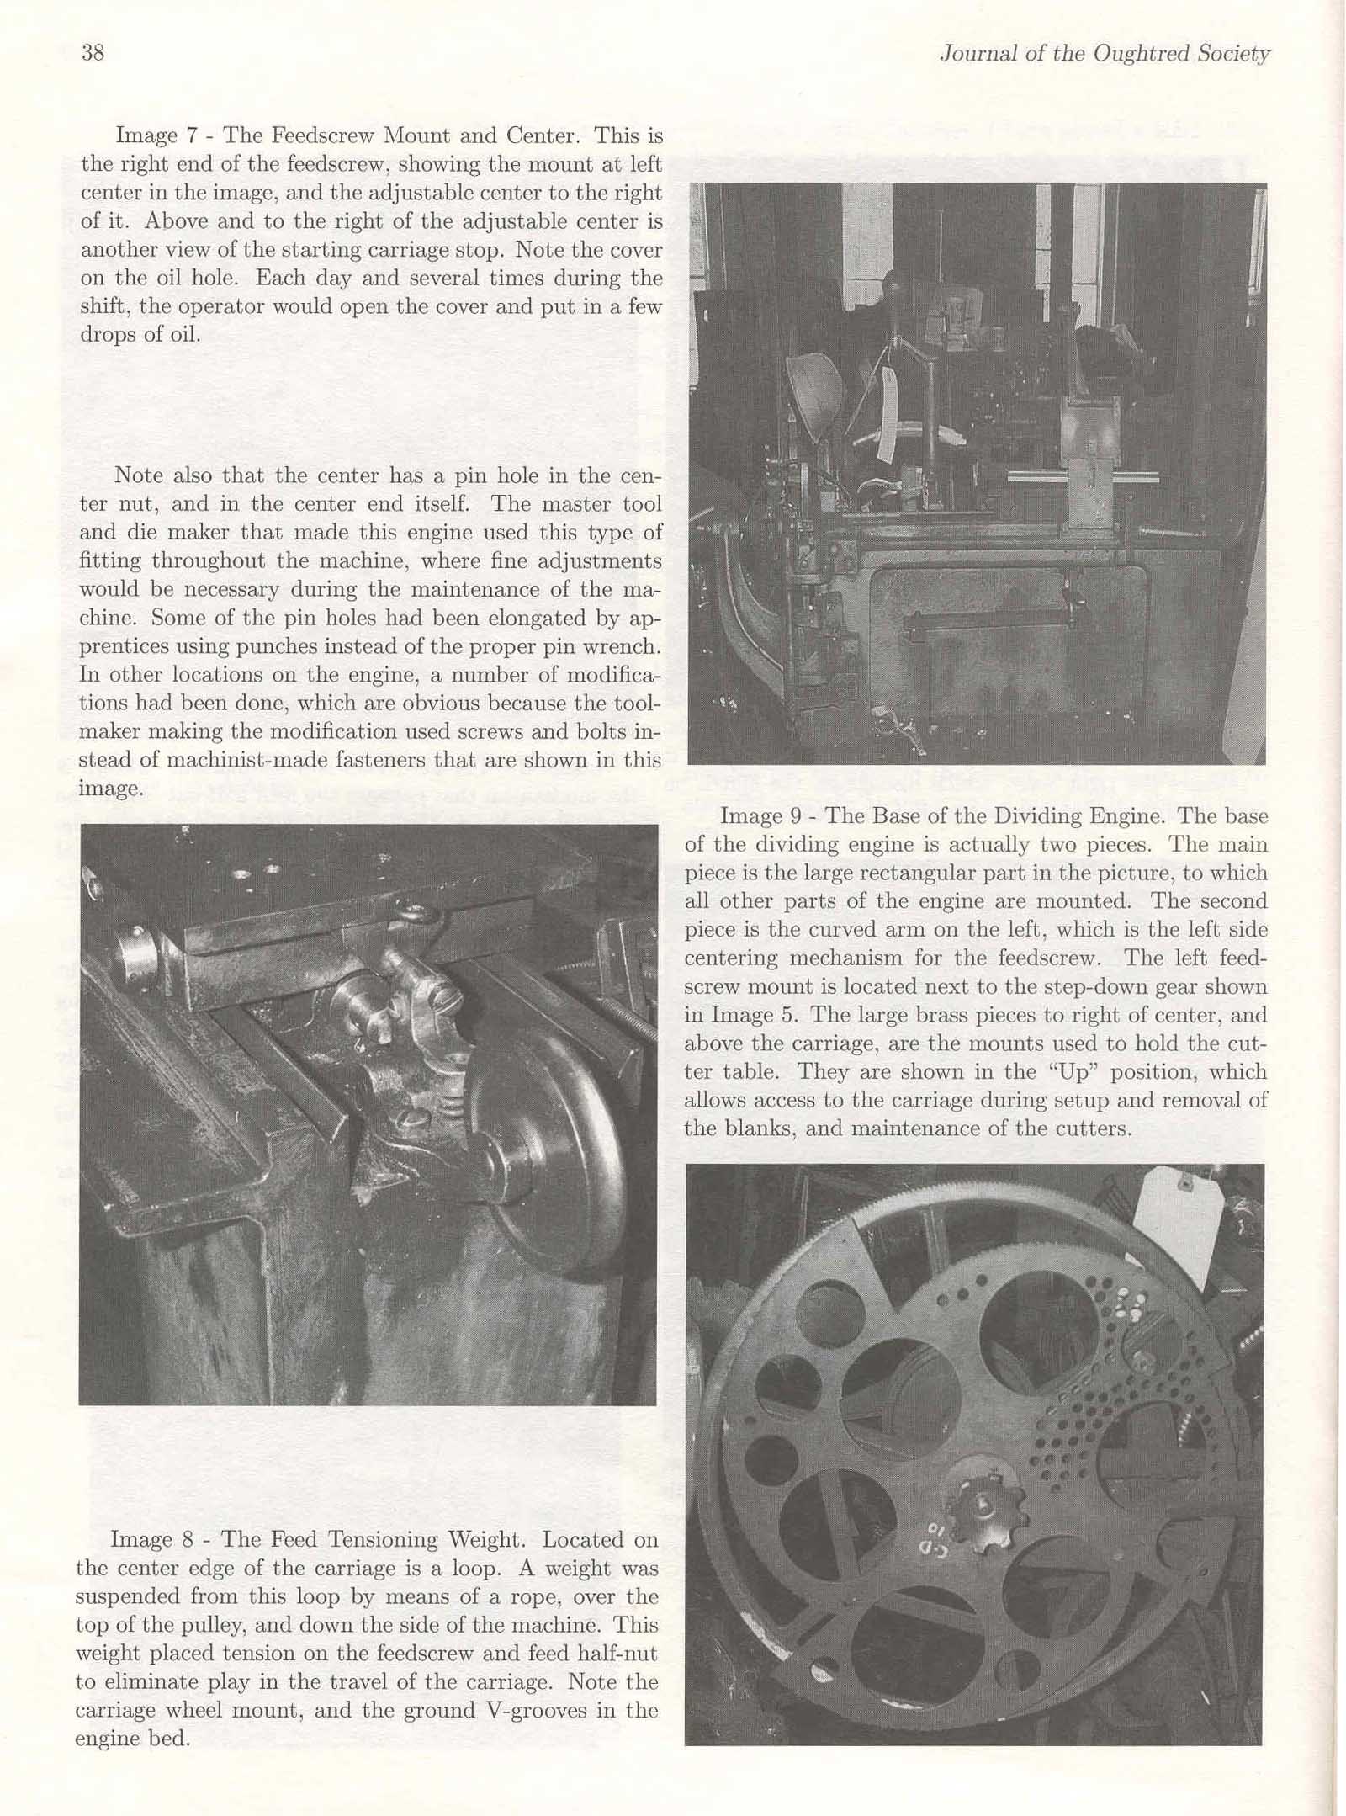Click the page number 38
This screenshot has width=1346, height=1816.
(x=93, y=53)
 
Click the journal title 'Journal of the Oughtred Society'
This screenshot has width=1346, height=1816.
(x=1105, y=54)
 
